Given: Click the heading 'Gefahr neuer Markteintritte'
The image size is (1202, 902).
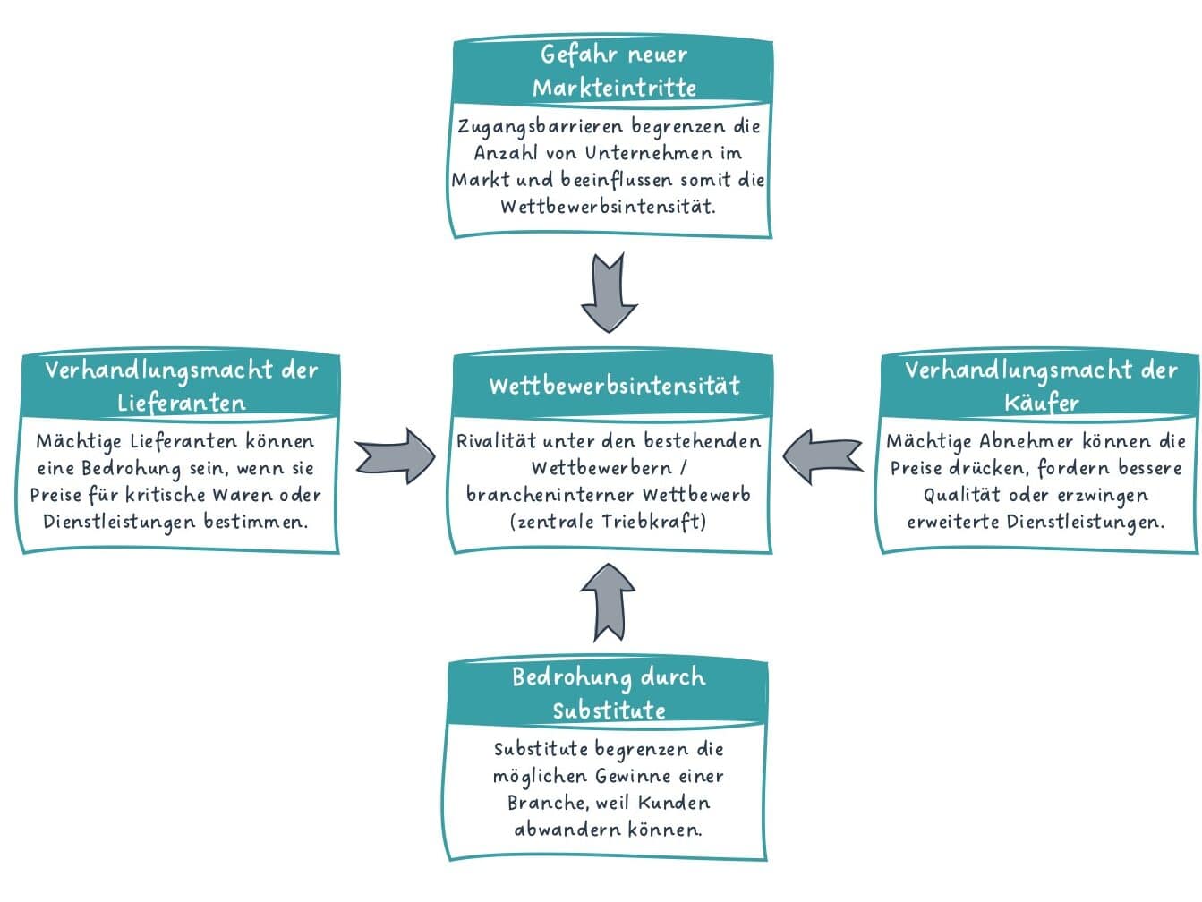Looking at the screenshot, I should [613, 71].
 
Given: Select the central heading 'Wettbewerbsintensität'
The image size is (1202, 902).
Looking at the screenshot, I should [614, 386].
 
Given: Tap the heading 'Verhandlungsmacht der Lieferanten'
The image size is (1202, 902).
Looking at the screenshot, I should [181, 386].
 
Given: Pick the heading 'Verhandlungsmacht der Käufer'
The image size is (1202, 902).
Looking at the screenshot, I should [1040, 386].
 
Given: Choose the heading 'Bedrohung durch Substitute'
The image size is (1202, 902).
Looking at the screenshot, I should [609, 693].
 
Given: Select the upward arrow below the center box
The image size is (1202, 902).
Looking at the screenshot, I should [608, 602].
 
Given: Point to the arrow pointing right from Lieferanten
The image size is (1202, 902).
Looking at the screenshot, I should [395, 456].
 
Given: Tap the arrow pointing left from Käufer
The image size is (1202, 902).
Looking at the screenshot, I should [823, 456].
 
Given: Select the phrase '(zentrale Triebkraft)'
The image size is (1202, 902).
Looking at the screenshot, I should [608, 522].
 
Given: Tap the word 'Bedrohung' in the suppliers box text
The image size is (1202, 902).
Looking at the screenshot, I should [129, 469].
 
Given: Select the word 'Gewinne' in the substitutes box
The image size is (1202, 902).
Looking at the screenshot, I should [633, 776].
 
